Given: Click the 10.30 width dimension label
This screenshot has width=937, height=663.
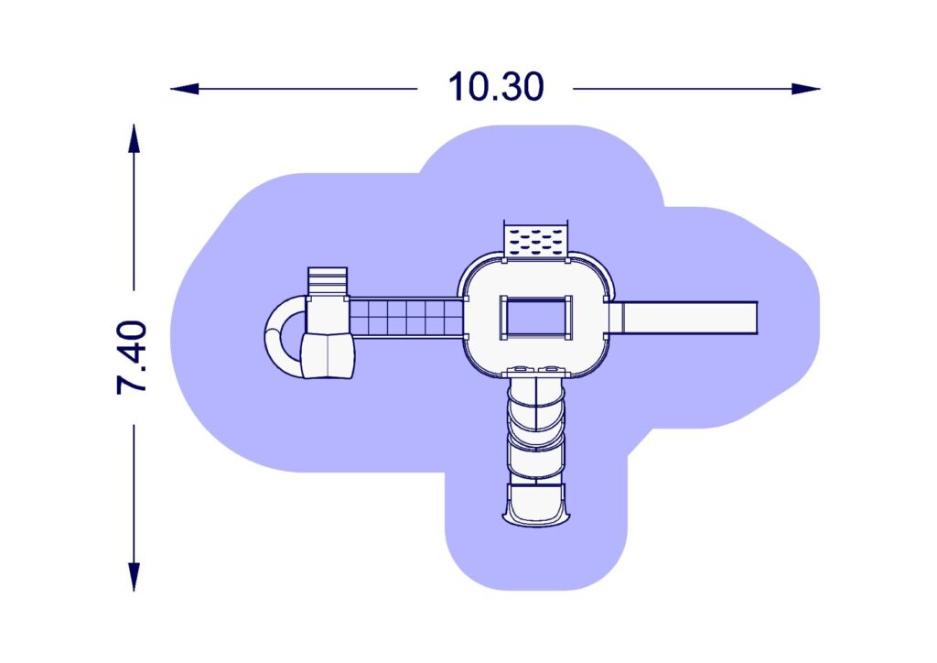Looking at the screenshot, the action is pyautogui.click(x=496, y=87).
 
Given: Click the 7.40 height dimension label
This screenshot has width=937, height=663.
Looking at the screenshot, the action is pyautogui.click(x=132, y=357).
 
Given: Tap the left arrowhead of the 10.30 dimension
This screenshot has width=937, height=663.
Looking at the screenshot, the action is pyautogui.click(x=184, y=89).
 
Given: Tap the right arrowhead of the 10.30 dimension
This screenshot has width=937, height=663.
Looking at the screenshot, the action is pyautogui.click(x=806, y=89).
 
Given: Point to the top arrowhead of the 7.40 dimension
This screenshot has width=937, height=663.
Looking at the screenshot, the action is pyautogui.click(x=134, y=138).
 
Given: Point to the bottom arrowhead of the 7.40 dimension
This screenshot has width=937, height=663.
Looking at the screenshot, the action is pyautogui.click(x=134, y=577).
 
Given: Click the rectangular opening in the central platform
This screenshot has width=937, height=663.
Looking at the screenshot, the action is pyautogui.click(x=536, y=318).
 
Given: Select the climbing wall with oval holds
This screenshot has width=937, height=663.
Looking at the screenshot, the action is pyautogui.click(x=536, y=241).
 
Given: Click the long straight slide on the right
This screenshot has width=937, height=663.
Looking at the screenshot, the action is pyautogui.click(x=684, y=318).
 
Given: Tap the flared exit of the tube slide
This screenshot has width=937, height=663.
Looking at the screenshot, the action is pyautogui.click(x=535, y=505).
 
